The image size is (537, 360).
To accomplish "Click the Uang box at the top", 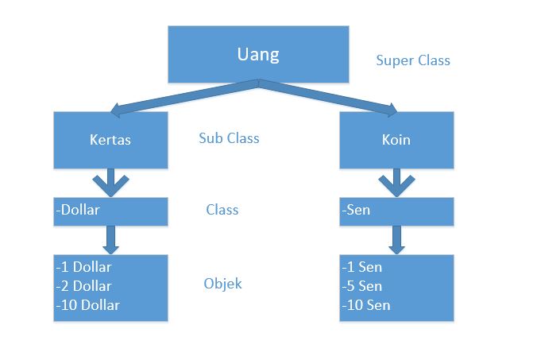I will point(258,54).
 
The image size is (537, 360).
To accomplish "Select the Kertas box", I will point(110,140).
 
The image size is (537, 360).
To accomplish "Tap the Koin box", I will point(396,140).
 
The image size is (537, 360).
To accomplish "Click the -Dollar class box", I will point(110,211).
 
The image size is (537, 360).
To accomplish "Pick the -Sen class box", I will point(396,211).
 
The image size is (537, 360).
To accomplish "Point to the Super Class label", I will point(412,60).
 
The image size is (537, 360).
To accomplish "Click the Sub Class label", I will point(229,137).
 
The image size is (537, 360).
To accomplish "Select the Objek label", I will point(222,284).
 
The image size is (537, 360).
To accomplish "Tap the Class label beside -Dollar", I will point(222,211).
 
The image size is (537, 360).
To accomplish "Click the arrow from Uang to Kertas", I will point(183,96).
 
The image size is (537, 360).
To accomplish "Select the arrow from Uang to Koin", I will point(330,96).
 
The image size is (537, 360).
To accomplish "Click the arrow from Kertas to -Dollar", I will point(110,182).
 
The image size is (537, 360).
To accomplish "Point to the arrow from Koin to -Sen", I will point(396,182).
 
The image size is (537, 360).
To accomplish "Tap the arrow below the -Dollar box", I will point(110,239).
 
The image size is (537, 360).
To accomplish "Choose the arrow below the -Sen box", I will point(396,239).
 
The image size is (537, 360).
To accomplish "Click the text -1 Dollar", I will point(84,267).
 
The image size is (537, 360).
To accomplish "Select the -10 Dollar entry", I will point(87,305).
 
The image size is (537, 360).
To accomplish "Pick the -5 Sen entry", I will point(363,286).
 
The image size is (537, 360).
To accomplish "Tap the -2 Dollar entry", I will point(84,286).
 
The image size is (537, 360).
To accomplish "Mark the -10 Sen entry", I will point(366,305).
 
